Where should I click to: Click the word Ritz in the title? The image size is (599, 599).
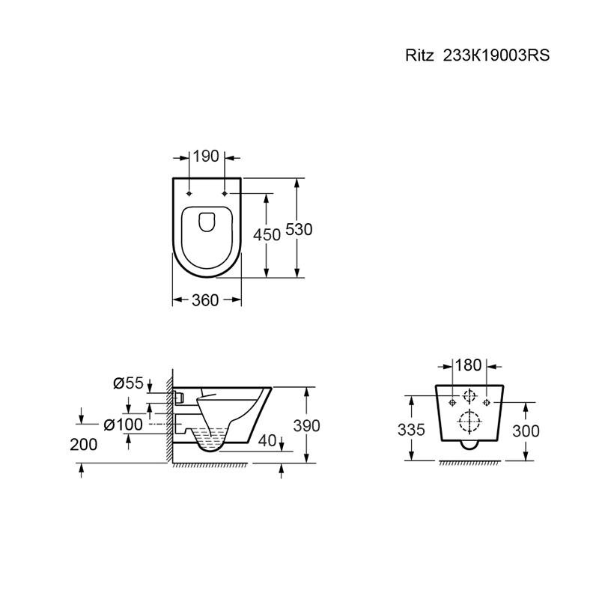pos(419,55)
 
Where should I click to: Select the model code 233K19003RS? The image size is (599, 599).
pos(496,55)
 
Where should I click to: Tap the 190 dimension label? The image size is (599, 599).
pos(206,156)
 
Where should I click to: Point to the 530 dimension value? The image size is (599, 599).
pos(299,229)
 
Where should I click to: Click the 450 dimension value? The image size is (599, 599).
pos(267,234)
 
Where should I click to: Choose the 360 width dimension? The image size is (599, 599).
pos(205,300)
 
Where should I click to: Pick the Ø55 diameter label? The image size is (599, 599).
pos(128,383)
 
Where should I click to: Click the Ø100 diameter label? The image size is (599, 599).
pos(124,424)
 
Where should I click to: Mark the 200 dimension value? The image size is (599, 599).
pos(84,444)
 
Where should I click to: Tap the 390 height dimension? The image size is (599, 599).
pos(306,425)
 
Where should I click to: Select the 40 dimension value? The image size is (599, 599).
pos(267,440)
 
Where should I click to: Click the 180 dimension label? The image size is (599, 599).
pos(468,365)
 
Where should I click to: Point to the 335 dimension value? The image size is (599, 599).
pos(411,430)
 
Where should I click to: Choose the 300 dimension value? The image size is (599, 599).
pos(526,431)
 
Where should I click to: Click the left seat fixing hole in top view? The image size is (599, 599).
pos(189,194)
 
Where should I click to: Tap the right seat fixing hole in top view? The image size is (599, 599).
pos(225,194)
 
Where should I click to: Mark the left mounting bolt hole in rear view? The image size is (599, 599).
pos(452,402)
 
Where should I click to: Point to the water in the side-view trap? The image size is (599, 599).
pos(210,439)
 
